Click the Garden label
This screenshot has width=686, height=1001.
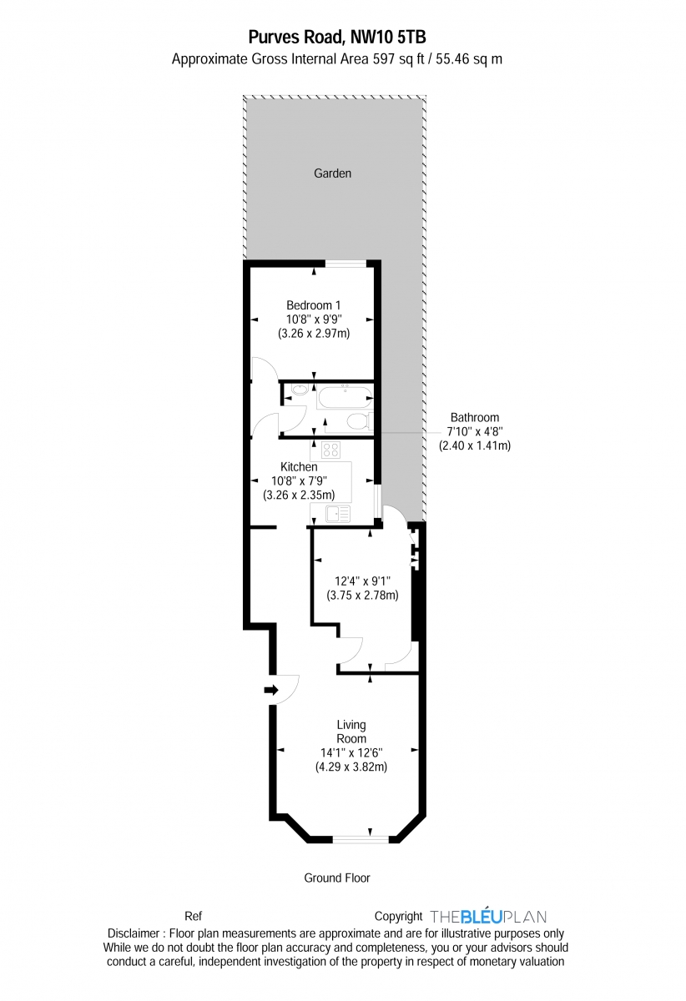coord(332,174)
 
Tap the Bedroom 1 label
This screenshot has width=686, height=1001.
coord(313,305)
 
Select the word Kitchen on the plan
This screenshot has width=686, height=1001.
coord(298,467)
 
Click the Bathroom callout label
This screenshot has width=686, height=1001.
coord(474,417)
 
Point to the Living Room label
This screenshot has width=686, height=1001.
coord(351,732)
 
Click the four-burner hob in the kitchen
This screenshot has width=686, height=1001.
coord(330,450)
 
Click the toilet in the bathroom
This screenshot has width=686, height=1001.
coord(357,421)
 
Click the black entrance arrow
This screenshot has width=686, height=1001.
coord(271,690)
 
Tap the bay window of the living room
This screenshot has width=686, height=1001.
coord(361,838)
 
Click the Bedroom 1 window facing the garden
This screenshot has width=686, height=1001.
coord(346,264)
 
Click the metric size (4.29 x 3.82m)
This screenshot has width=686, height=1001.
coord(351,767)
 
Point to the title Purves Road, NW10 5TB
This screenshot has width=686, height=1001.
coord(336,37)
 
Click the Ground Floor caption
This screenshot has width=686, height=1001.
coord(336,878)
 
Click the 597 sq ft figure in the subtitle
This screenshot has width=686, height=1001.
coord(389,59)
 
